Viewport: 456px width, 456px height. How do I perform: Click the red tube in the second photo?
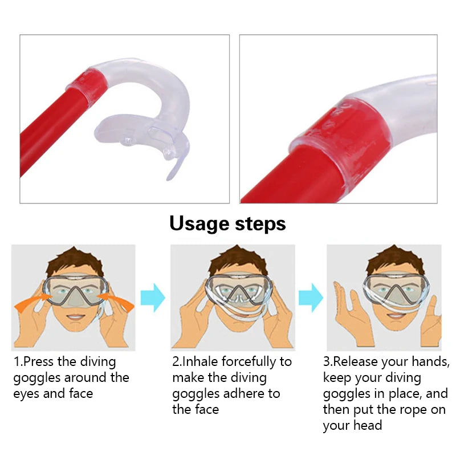point(291,177)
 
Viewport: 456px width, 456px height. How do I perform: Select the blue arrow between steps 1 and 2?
point(153,297)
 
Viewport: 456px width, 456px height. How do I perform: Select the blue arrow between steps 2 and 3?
point(311,297)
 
